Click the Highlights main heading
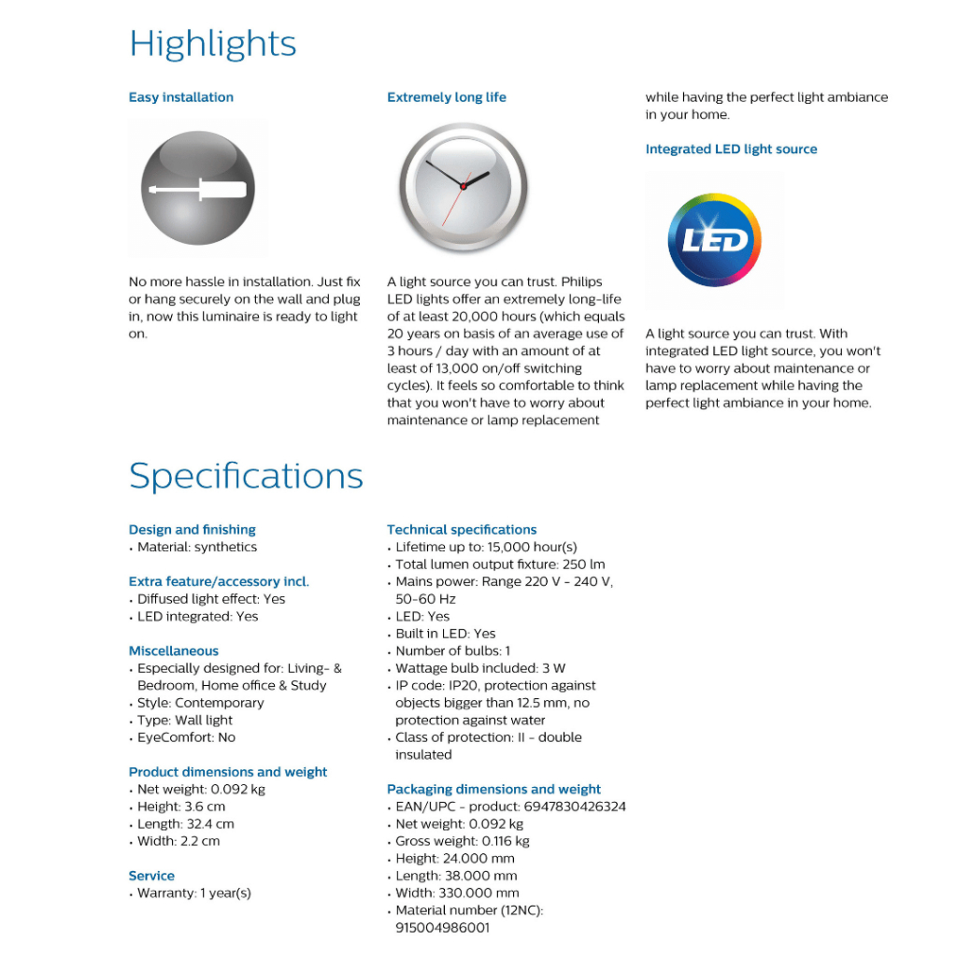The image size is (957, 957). coord(213,44)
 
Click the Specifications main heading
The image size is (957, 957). coord(246,476)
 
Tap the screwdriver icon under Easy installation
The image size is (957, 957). coord(197,189)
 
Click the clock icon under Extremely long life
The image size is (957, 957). coord(464,186)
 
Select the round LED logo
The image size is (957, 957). coord(715,240)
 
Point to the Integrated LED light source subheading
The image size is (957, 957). coord(731,150)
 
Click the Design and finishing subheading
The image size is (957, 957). coord(192,530)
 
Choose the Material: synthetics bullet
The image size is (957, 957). coord(196,548)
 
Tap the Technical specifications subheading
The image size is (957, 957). coord(462,530)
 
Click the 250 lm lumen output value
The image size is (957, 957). coord(589,564)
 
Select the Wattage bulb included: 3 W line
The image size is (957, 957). coord(480,668)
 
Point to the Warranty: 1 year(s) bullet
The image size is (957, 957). coord(193,893)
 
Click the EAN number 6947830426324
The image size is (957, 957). coord(575,807)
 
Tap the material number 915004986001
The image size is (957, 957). coord(442,928)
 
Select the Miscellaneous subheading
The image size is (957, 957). coord(174,651)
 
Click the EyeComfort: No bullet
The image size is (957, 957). coord(186,737)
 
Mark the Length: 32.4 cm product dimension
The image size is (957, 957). coord(185,824)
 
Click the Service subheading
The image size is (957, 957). coord(151,877)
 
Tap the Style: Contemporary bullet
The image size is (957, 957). coord(200,703)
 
